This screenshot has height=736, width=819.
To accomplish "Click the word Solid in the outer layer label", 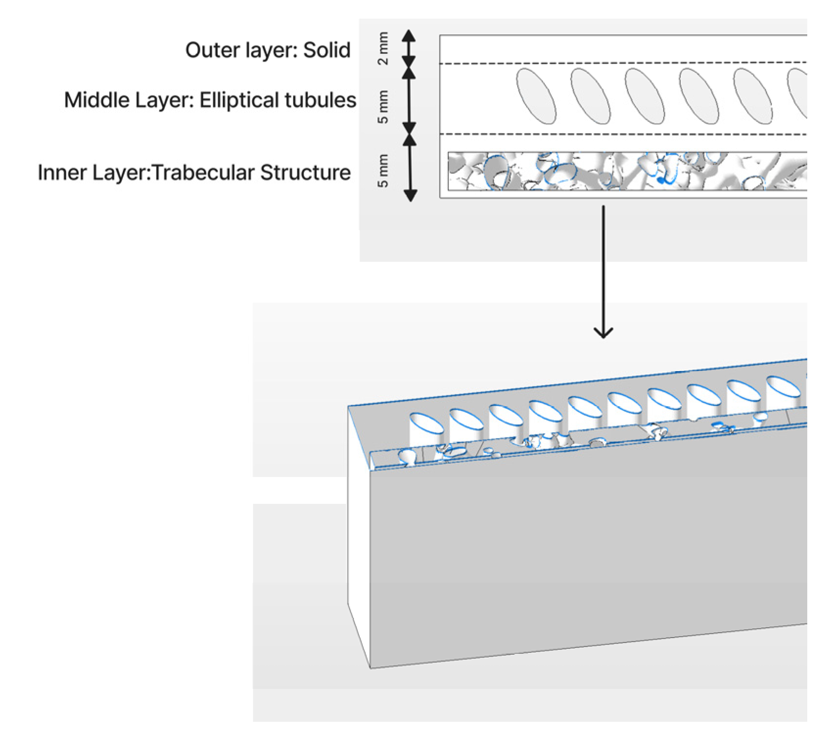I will tap(327, 50).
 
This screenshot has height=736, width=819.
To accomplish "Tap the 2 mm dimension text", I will tap(383, 48).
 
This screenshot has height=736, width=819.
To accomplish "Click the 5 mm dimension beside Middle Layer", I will tap(383, 107).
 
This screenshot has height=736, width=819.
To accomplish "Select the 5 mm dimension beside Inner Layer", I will tap(383, 170).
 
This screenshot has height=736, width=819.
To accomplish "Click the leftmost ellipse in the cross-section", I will tap(536, 96).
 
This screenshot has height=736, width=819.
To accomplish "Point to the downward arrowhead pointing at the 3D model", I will tap(603, 332).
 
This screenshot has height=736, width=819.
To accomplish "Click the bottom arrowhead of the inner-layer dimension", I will tap(410, 195).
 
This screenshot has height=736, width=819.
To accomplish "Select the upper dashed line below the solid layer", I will tap(622, 63).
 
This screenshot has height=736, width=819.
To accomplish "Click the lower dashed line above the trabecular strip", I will tap(622, 134).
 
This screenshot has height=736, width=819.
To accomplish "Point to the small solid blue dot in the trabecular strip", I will tap(661, 181).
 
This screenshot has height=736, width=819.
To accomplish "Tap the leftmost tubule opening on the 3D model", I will tap(425, 423).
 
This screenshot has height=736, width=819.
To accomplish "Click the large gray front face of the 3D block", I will tap(587, 548).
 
